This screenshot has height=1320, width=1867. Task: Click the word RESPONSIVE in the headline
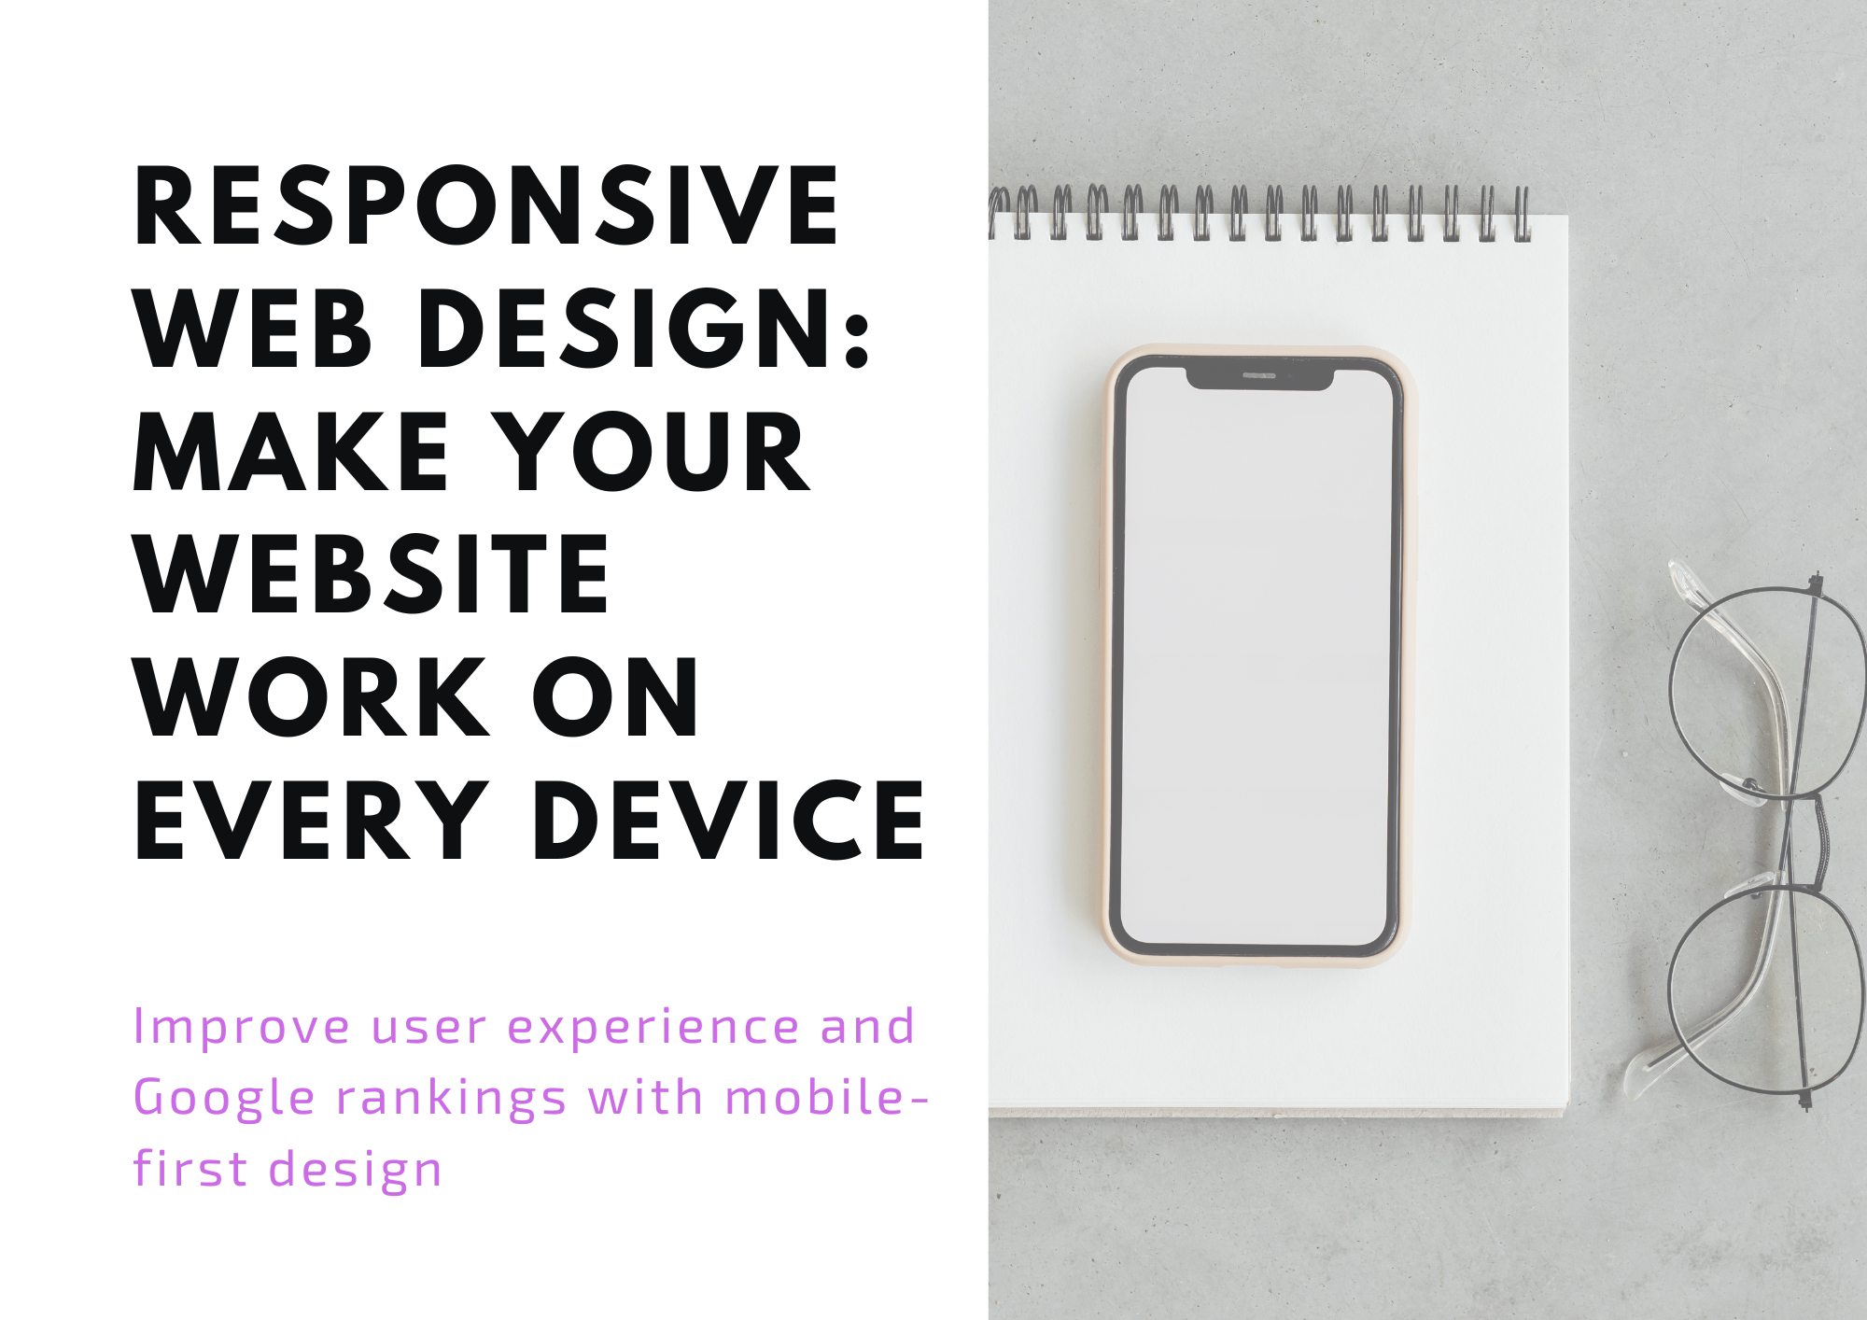(x=486, y=206)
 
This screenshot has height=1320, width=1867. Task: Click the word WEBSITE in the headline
(x=372, y=575)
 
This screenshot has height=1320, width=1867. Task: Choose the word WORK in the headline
(x=313, y=698)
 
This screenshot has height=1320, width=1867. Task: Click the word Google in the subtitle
(x=224, y=1099)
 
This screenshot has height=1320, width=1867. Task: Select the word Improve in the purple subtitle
(x=242, y=1028)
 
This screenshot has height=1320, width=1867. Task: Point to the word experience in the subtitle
(x=653, y=1028)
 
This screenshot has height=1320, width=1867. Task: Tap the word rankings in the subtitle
(x=452, y=1099)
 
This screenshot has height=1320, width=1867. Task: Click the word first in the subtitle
(x=190, y=1169)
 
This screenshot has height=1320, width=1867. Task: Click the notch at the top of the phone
(x=1259, y=377)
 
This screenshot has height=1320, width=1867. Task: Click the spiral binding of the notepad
(x=1260, y=213)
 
